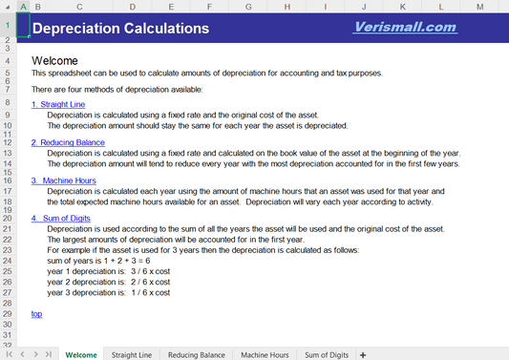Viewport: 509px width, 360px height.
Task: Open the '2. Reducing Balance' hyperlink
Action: [68, 142]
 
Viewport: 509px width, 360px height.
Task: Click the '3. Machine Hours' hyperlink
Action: [63, 180]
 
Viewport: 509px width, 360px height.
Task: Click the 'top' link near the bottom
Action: [36, 313]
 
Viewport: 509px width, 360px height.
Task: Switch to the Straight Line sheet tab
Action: [132, 354]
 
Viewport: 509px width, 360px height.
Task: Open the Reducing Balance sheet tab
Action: [196, 354]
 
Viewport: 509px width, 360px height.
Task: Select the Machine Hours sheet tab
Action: [265, 354]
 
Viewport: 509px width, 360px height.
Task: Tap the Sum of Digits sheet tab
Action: [327, 354]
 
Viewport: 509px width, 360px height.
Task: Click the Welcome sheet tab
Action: [80, 354]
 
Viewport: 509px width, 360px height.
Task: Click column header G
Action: [248, 7]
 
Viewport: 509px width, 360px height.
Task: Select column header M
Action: [478, 7]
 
